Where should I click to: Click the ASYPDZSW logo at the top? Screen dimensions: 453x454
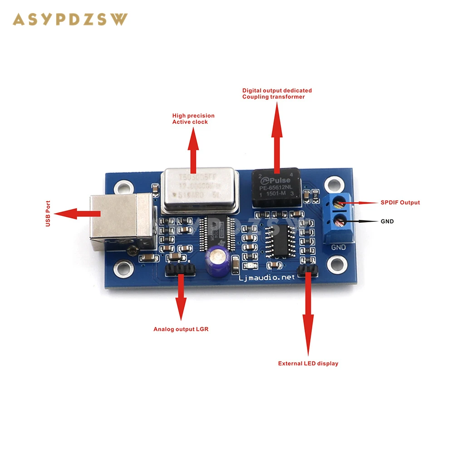(x=70, y=19)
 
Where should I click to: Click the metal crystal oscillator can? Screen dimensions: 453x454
(x=194, y=190)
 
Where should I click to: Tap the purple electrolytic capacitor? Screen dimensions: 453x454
(x=215, y=261)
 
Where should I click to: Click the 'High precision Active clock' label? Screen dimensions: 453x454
(x=193, y=119)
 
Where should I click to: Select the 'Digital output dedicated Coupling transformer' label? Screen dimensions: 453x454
(x=276, y=93)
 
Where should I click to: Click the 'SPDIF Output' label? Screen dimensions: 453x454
(x=400, y=202)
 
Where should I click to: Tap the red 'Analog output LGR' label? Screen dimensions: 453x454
(x=181, y=329)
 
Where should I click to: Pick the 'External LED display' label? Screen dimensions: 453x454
(x=308, y=363)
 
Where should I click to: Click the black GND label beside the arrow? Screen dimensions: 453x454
(x=387, y=221)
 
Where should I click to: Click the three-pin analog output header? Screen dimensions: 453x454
(x=181, y=271)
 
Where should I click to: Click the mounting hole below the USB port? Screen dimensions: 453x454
(x=123, y=269)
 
